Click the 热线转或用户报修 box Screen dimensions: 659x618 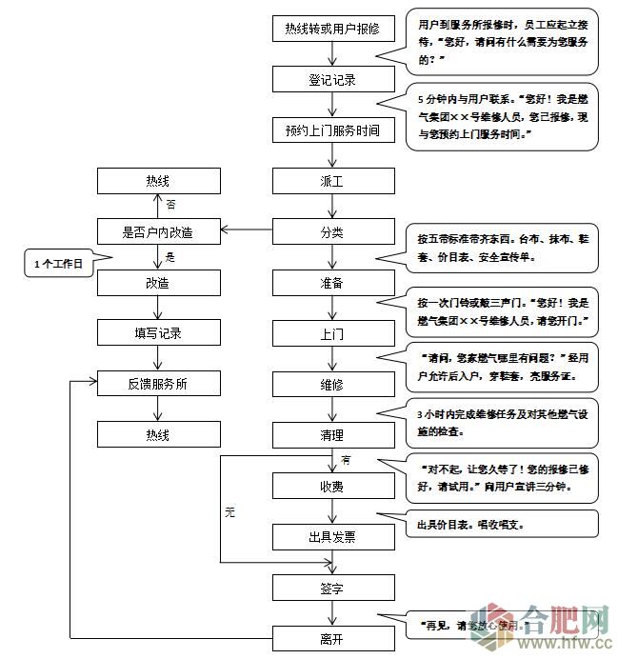[331, 29]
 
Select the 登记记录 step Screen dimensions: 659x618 [331, 80]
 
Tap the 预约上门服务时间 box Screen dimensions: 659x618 [331, 130]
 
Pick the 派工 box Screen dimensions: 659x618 [331, 181]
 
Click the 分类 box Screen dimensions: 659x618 [331, 231]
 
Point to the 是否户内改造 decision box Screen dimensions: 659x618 [158, 231]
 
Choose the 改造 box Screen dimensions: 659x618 [158, 283]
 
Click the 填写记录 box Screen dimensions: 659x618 [158, 333]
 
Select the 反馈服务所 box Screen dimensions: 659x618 [158, 384]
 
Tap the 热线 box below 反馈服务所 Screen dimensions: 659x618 [158, 434]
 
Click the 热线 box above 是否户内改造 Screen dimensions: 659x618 [158, 181]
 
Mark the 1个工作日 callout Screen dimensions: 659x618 [59, 263]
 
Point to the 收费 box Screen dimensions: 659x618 [331, 486]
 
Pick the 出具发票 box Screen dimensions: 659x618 [331, 536]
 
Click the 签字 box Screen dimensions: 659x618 [331, 587]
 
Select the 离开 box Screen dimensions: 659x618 [331, 637]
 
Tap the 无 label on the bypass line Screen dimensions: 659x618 [229, 511]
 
